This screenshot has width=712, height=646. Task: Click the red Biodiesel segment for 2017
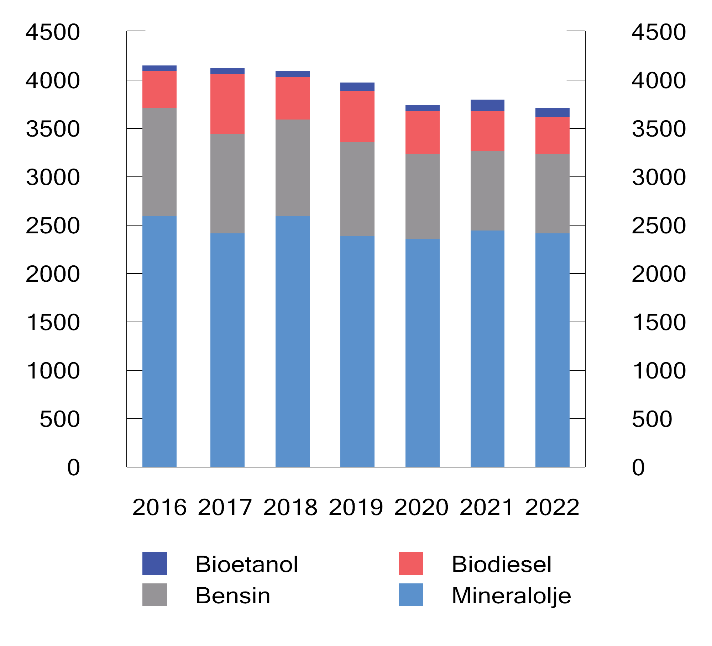click(x=227, y=104)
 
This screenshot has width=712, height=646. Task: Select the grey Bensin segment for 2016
click(x=159, y=162)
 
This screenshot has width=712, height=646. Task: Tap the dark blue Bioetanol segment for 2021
click(x=487, y=105)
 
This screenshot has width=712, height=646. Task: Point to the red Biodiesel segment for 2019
click(x=357, y=116)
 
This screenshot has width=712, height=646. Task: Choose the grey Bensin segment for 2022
click(x=552, y=193)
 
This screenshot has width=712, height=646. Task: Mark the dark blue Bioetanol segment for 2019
click(x=357, y=87)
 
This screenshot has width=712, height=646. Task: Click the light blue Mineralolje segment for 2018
click(x=292, y=341)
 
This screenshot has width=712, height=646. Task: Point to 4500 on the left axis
click(x=53, y=32)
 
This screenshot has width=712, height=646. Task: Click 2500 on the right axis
click(x=659, y=226)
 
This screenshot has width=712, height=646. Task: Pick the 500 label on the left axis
click(x=59, y=419)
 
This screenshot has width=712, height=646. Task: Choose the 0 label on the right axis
click(x=638, y=467)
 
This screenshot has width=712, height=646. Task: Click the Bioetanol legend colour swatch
click(x=155, y=563)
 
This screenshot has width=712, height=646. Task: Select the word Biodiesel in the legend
click(x=501, y=564)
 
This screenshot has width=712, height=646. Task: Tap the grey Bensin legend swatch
click(x=155, y=595)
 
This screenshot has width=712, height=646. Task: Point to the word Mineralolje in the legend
click(x=511, y=596)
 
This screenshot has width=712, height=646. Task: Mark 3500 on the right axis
click(x=659, y=129)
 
